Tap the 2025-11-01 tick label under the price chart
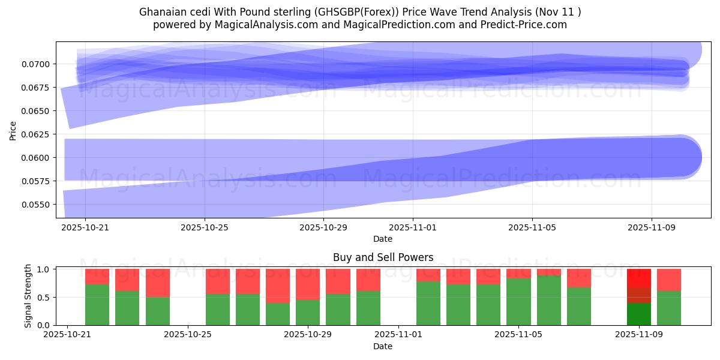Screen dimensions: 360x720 pyautogui.click(x=413, y=227)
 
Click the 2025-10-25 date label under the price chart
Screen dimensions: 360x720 pyautogui.click(x=205, y=227)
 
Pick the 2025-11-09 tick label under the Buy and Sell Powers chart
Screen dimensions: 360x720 pyautogui.click(x=639, y=335)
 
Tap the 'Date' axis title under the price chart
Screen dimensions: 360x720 pyautogui.click(x=383, y=239)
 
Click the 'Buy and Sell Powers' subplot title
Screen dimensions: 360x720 pyautogui.click(x=383, y=257)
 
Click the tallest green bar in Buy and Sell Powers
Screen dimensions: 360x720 pyautogui.click(x=549, y=300)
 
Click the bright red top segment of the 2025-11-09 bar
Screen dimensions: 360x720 pyautogui.click(x=639, y=278)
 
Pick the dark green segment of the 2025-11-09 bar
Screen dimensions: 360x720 pyautogui.click(x=639, y=314)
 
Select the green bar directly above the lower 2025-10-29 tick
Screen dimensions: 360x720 pyautogui.click(x=308, y=312)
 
